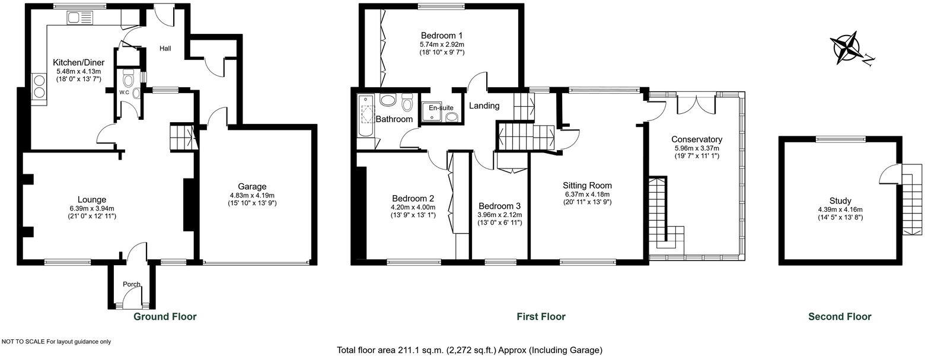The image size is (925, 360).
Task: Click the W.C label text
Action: pos(125,93)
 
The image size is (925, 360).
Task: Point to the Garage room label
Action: pos(252,186)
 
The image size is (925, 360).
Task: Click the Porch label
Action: pos(132,284)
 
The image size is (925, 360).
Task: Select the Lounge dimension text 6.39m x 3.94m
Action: pos(91,208)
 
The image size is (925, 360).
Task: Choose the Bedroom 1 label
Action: pos(442,35)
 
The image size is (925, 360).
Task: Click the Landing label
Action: pos(484,106)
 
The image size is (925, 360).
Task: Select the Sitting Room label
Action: pos(587,185)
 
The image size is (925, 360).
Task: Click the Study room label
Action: pos(840,200)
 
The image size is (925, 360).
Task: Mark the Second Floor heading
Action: pos(840,317)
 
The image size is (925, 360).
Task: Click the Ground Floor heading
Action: pos(165,317)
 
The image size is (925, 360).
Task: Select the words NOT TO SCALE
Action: pos(24,342)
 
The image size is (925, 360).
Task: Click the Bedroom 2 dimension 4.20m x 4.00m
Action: pos(413,207)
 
